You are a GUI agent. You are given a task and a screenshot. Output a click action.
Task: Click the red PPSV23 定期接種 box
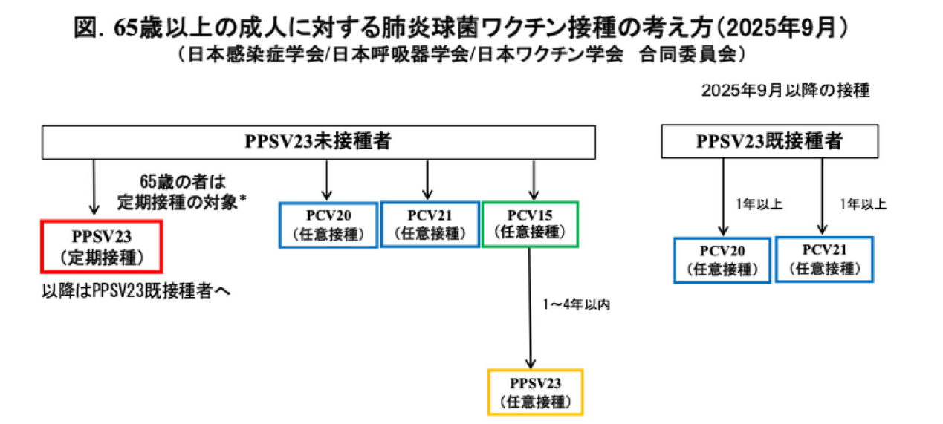point(102,246)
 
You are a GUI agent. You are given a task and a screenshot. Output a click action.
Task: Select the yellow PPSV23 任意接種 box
point(535,392)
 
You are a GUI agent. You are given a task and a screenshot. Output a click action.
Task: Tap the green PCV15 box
point(529,224)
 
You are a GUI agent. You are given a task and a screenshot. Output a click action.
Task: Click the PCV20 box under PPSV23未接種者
point(328,225)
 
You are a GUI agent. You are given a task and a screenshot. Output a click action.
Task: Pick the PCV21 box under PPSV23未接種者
point(430,224)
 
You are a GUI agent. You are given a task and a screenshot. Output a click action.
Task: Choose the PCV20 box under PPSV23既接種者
point(722,260)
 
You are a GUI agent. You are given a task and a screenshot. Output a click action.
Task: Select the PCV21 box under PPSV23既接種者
point(823,259)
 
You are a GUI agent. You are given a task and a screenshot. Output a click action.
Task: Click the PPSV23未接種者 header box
point(319,141)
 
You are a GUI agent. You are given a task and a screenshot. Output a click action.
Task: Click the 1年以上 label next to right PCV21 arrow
point(862,203)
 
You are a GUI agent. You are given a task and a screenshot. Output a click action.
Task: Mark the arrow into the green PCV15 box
point(533,180)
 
